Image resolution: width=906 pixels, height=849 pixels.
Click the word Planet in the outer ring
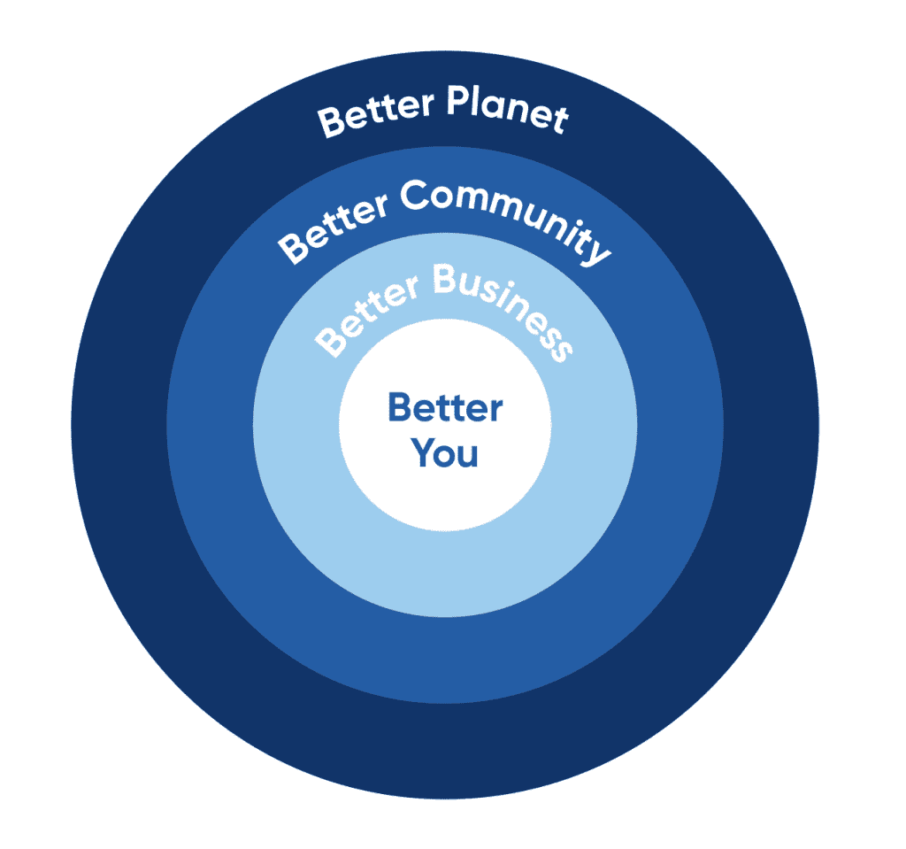(x=507, y=112)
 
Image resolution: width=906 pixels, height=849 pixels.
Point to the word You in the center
(x=445, y=453)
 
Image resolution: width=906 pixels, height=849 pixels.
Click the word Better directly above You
(x=445, y=409)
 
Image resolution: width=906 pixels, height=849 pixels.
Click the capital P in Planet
(x=458, y=104)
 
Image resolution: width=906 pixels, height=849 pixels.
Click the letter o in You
(x=446, y=456)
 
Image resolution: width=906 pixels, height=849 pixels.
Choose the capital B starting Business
(x=447, y=282)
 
